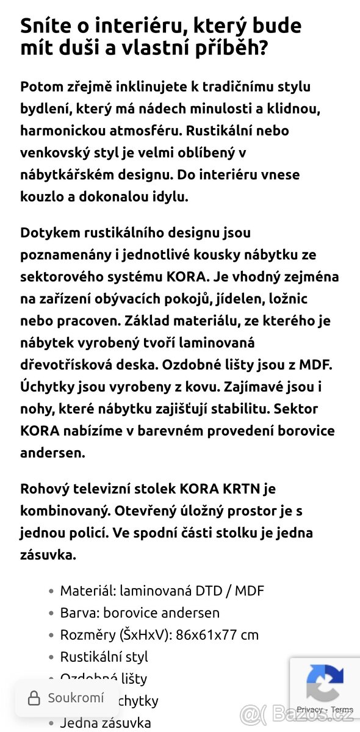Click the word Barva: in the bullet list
click(79, 612)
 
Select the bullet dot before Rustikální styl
click(51, 657)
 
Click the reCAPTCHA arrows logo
click(325, 683)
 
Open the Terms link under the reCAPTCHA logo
click(342, 709)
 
